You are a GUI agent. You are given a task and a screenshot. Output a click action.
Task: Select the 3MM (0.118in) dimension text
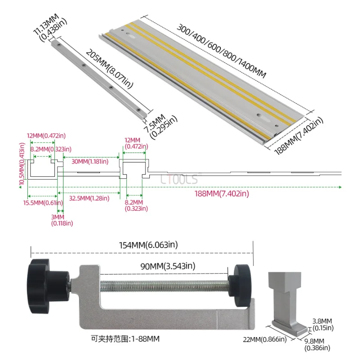62,220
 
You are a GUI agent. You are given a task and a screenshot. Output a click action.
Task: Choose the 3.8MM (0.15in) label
322,323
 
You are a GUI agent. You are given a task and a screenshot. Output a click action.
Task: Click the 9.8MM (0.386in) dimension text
317,344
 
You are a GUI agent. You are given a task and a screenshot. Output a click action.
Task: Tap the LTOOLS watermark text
179,180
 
